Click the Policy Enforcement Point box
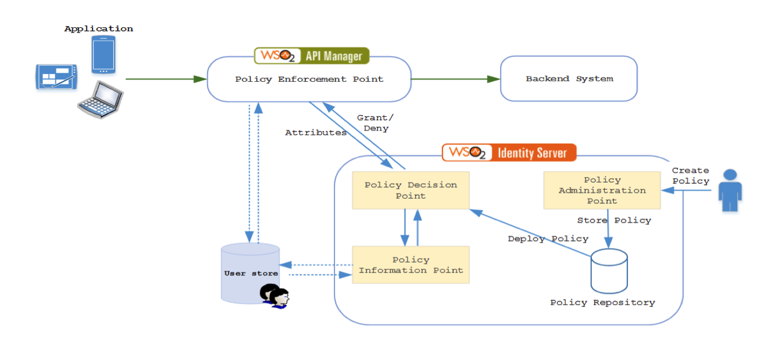coord(309,79)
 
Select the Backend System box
coord(569,79)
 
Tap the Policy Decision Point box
coord(410,190)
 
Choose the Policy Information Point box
coord(410,265)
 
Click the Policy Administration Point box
coord(602,190)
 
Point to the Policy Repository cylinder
coord(609,271)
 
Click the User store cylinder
coord(250,273)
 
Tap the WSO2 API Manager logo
coord(312,56)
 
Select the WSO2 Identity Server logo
coord(509,152)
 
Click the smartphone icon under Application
coord(103,55)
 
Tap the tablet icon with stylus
coord(56,77)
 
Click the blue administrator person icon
coord(730,190)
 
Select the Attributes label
coord(316,133)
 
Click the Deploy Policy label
coord(548,238)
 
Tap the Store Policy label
coord(614,220)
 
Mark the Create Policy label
coord(690,176)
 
